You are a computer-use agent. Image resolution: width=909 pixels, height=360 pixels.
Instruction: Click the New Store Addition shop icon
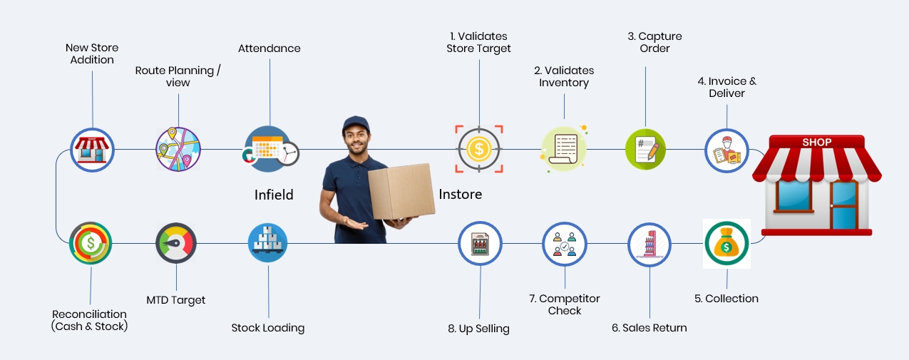pyautogui.click(x=93, y=150)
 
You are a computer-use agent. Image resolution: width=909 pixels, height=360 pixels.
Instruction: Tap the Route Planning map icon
pyautogui.click(x=178, y=150)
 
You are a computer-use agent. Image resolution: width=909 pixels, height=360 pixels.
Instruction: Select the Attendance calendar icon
pyautogui.click(x=269, y=150)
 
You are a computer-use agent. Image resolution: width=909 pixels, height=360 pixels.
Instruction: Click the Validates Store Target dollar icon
pyautogui.click(x=479, y=150)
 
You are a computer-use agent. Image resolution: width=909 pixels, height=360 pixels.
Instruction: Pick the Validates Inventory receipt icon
pyautogui.click(x=564, y=150)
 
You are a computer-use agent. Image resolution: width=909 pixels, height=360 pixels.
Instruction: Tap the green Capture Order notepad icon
pyautogui.click(x=645, y=150)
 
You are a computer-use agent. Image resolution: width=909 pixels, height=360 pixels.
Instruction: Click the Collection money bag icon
pyautogui.click(x=726, y=244)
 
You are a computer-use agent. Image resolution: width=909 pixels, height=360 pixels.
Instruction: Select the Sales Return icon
pyautogui.click(x=649, y=244)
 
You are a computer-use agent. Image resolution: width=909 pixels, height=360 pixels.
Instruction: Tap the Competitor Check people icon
pyautogui.click(x=565, y=244)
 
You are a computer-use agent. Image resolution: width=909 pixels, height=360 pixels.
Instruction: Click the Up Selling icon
pyautogui.click(x=480, y=244)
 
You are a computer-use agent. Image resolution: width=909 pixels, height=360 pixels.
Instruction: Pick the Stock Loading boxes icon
pyautogui.click(x=268, y=243)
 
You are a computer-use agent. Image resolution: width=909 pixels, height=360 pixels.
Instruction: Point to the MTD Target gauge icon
pyautogui.click(x=175, y=243)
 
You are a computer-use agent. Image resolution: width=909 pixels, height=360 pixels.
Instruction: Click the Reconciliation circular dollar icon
pyautogui.click(x=91, y=243)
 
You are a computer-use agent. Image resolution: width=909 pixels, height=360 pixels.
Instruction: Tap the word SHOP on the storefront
pyautogui.click(x=817, y=143)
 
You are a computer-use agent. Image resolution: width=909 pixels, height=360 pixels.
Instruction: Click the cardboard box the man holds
pyautogui.click(x=401, y=190)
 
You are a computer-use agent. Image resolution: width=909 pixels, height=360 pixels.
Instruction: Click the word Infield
pyautogui.click(x=274, y=195)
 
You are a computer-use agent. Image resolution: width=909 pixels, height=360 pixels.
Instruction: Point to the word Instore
pyautogui.click(x=461, y=194)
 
